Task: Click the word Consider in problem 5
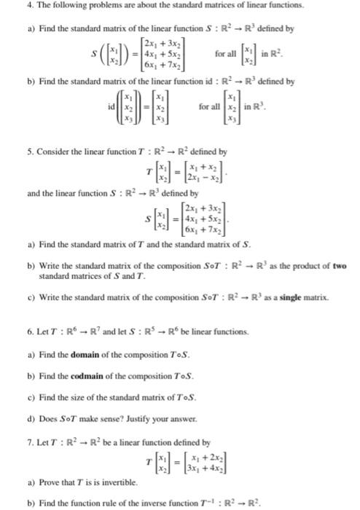click(52, 152)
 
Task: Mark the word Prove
click(49, 482)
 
